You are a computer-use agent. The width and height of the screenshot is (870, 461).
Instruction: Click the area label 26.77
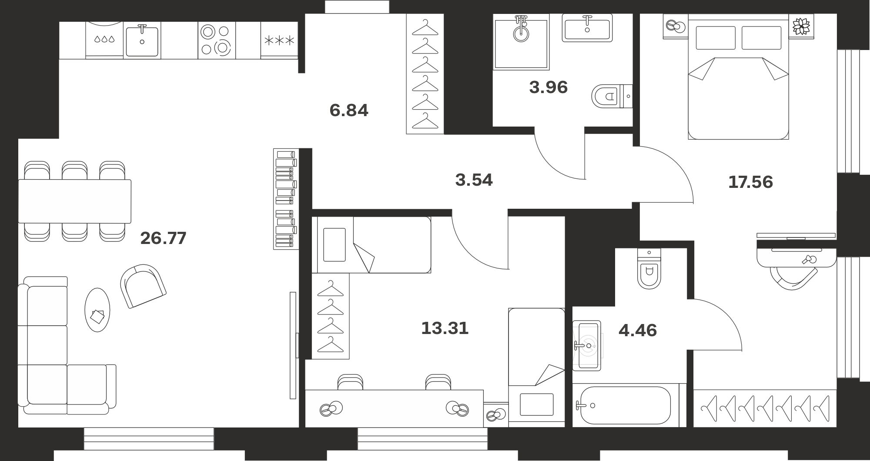point(163,238)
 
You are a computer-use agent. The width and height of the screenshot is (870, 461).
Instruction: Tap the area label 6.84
point(349,110)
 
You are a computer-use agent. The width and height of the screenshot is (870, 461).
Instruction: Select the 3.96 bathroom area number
point(549,87)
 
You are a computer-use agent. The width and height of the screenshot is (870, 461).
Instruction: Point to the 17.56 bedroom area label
point(750,182)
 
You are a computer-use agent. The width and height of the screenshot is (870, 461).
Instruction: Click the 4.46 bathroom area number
point(638,331)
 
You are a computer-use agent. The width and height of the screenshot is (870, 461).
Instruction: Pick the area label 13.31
point(445,328)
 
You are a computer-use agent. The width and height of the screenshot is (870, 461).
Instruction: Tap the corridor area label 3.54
point(474,180)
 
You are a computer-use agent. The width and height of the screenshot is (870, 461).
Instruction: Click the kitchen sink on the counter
point(142,40)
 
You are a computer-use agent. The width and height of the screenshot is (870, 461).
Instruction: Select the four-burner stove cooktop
point(217,40)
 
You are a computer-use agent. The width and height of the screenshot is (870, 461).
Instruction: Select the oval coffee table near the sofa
point(97,310)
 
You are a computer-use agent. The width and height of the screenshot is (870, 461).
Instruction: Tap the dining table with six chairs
point(74,201)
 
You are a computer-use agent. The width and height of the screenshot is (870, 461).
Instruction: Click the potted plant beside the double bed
point(801,26)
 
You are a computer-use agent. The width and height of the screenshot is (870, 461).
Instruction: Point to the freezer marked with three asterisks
point(279,40)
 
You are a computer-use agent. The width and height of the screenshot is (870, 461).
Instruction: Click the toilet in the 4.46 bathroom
point(649,269)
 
